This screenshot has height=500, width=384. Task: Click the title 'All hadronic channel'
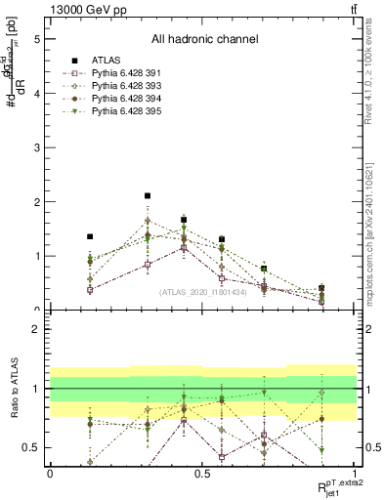[x=203, y=39]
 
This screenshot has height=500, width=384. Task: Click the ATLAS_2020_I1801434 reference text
[x=202, y=291]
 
